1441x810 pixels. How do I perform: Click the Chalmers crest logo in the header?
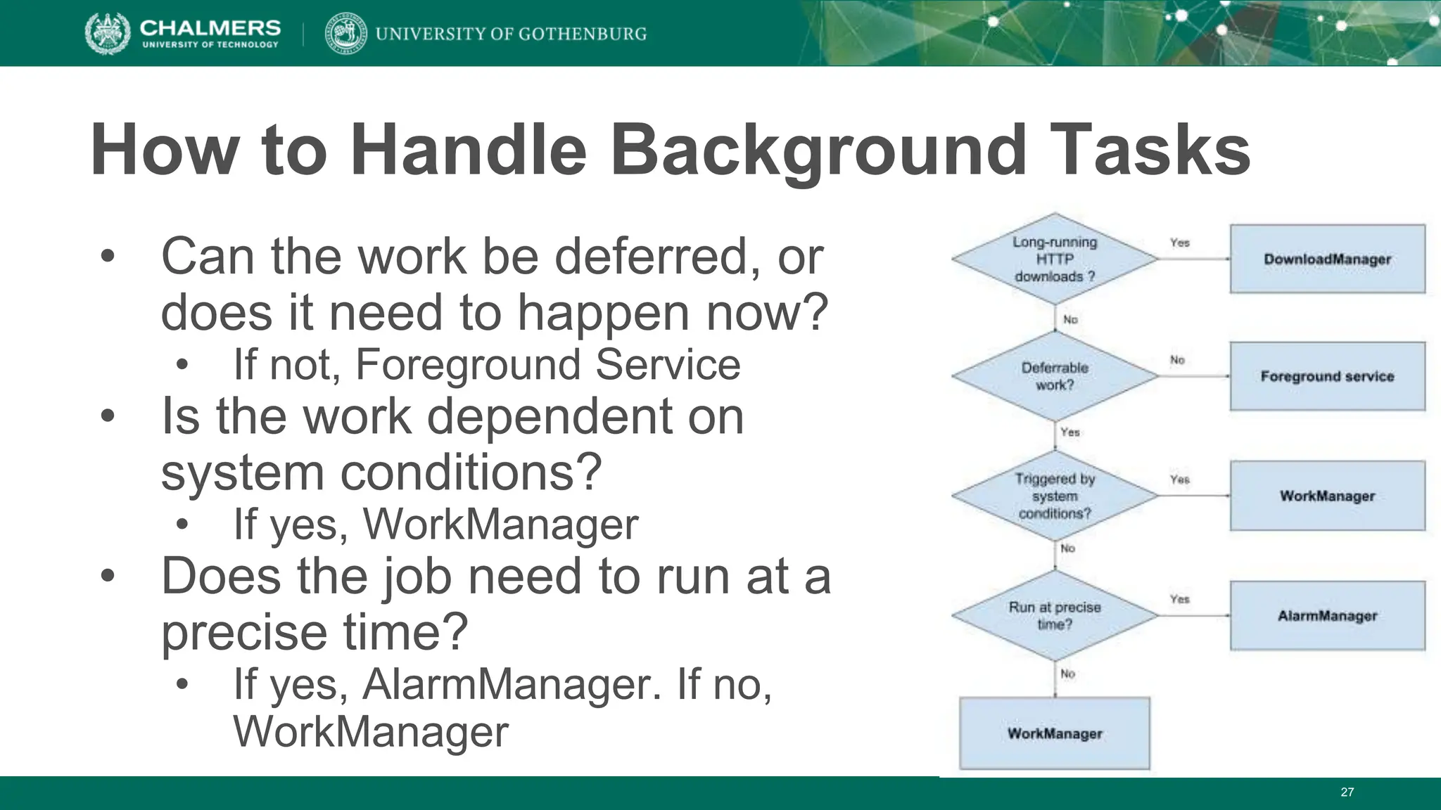[107, 33]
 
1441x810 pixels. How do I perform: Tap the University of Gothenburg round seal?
[345, 33]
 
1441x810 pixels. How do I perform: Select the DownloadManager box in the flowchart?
[1327, 259]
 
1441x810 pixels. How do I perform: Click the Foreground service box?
[1327, 376]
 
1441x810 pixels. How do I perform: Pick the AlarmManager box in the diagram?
[1327, 616]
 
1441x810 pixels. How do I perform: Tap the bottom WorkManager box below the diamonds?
[1054, 733]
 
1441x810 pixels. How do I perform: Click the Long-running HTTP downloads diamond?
[1054, 259]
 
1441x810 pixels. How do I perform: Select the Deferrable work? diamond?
[1054, 376]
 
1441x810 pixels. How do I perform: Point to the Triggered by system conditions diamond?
[1054, 496]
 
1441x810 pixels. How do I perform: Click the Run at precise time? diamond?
[1054, 616]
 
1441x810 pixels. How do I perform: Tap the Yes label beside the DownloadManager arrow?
[1179, 243]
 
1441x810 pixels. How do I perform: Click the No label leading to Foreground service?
[1177, 360]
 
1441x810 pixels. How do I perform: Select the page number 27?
[1347, 792]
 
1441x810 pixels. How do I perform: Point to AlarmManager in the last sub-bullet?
[512, 683]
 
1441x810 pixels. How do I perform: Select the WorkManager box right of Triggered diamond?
[1327, 496]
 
